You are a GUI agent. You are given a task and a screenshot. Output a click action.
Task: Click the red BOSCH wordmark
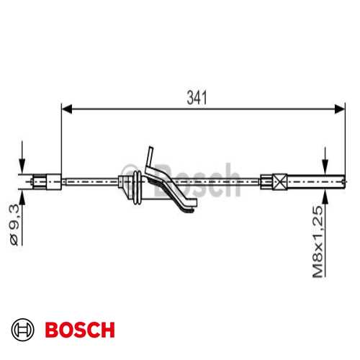click(78, 330)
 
